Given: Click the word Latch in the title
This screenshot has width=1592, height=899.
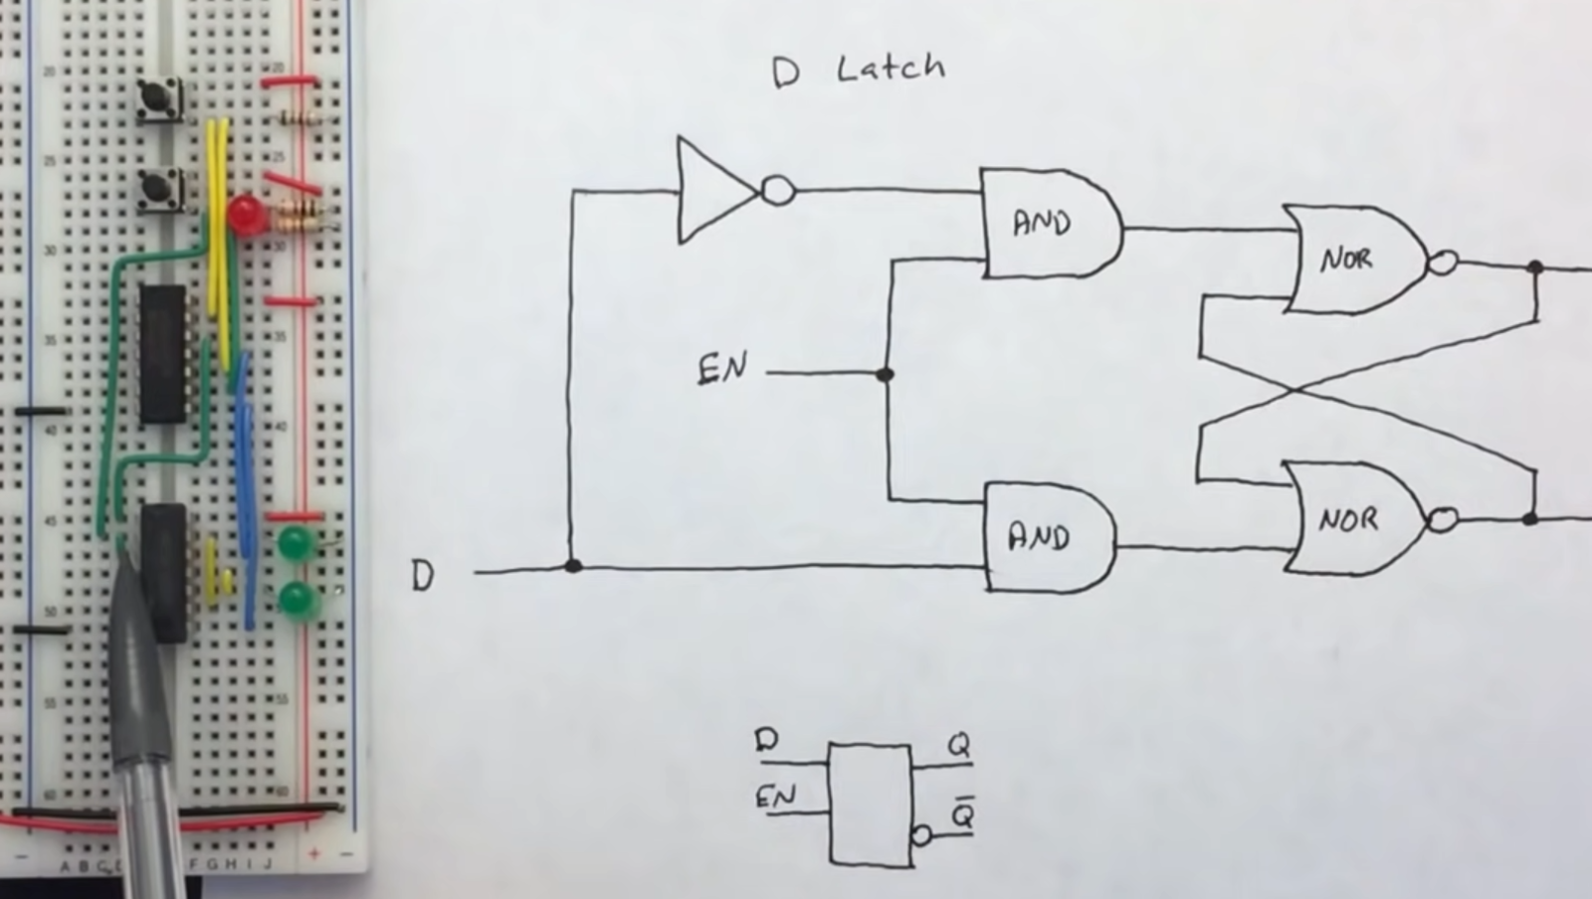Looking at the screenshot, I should pos(891,69).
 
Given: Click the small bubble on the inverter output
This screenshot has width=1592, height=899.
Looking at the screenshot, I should pos(778,190).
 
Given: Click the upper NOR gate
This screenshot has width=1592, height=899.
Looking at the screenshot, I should pos(1353,260).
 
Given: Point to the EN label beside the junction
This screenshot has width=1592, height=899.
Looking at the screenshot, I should pos(722,369).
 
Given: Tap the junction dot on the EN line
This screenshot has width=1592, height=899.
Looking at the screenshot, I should pos(885,374).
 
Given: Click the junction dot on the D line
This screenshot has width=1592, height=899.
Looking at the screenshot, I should pos(572,566).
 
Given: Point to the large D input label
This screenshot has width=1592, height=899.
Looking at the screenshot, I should pos(423,575).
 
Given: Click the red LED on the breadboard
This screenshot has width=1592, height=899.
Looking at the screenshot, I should pos(244,212).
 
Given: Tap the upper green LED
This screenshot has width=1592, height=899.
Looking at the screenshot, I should pos(295,544).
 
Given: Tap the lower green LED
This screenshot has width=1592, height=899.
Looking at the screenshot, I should pos(296,600).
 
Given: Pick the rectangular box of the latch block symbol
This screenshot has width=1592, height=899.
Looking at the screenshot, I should pos(871,805).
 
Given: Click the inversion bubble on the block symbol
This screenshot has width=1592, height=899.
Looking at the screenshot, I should pos(921,835).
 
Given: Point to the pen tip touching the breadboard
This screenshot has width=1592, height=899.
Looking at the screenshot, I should pos(125,553).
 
